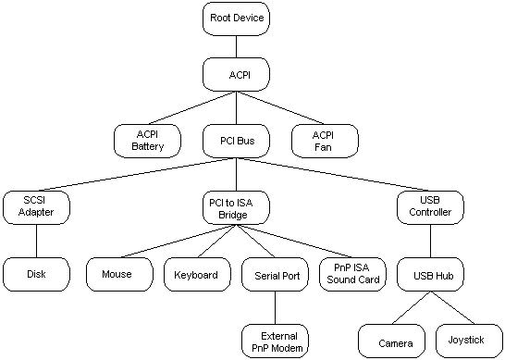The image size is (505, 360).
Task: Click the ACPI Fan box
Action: pyautogui.click(x=323, y=141)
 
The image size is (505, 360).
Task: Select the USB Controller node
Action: pyautogui.click(x=430, y=206)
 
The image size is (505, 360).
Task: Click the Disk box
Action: pyautogui.click(x=35, y=274)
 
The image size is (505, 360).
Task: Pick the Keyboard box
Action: pyautogui.click(x=197, y=274)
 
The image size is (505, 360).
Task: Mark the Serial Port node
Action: pyautogui.click(x=276, y=275)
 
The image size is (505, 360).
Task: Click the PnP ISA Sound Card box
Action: pyautogui.click(x=352, y=274)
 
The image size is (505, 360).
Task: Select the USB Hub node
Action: pyautogui.click(x=430, y=274)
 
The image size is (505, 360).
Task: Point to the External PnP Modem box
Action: pyautogui.click(x=276, y=341)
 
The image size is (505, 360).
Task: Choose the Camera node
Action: pyautogui.click(x=389, y=341)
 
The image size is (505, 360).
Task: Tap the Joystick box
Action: pyautogui.click(x=467, y=341)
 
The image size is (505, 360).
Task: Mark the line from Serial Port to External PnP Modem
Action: pyautogui.click(x=276, y=307)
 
